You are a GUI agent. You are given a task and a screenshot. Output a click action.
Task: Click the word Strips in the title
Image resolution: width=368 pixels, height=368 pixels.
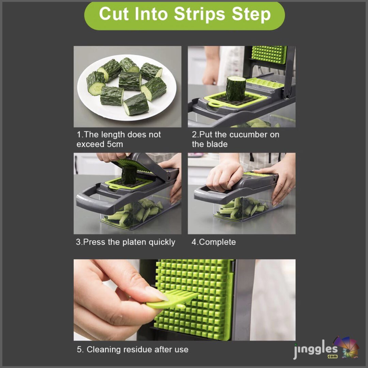point(199,14)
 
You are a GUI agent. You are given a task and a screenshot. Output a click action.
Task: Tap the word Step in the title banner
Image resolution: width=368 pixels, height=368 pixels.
point(251,14)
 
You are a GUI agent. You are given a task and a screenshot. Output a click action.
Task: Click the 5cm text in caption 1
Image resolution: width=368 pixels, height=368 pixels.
point(115,144)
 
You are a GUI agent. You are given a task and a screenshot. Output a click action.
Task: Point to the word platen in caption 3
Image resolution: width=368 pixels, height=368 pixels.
point(134,242)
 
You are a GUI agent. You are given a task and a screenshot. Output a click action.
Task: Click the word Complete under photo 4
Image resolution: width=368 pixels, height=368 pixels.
point(217,242)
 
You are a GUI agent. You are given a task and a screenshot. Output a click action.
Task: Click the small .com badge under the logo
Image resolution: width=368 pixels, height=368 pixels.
point(333,356)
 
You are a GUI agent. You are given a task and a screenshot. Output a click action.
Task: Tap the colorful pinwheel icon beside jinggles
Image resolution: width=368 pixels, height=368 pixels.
point(347,347)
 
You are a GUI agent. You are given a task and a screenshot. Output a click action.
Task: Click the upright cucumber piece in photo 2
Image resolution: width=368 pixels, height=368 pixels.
point(235,88)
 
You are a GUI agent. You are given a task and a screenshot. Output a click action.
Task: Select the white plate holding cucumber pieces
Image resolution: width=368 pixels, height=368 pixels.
point(127,87)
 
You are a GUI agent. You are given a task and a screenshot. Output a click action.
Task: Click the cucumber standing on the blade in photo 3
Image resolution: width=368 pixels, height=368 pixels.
point(129,174)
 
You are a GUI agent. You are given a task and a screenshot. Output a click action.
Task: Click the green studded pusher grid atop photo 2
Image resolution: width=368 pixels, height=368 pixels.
point(269,55)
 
